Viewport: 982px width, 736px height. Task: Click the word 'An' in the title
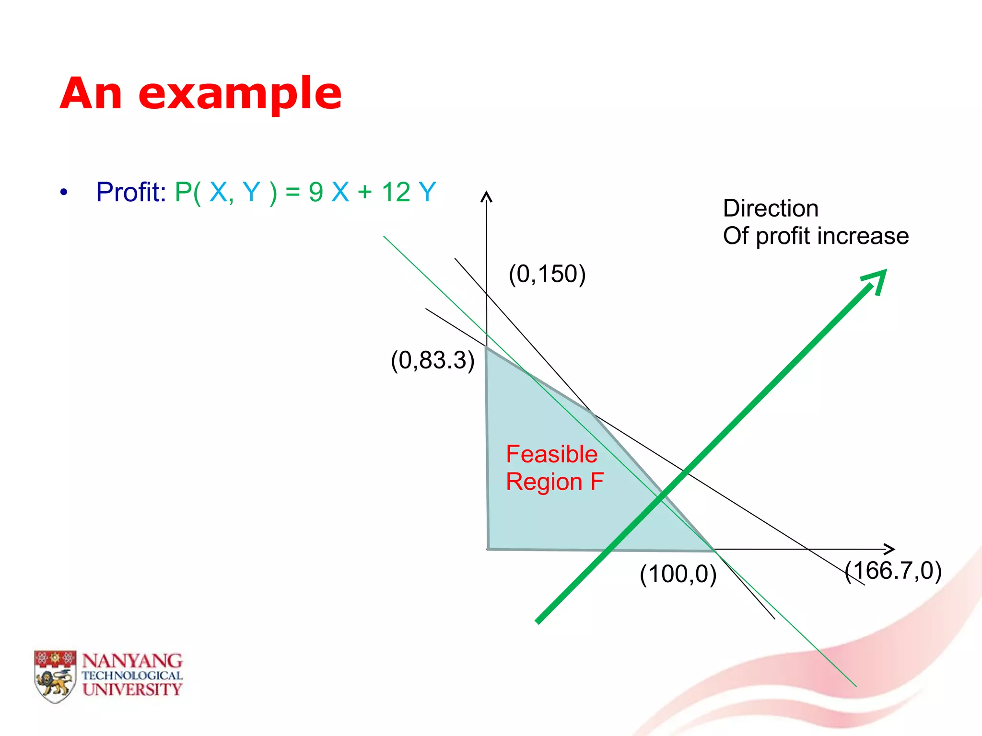pyautogui.click(x=91, y=94)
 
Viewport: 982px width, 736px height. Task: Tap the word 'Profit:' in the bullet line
pyautogui.click(x=131, y=192)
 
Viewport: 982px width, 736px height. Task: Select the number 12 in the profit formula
pyautogui.click(x=396, y=192)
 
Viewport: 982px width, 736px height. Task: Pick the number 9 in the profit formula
pyautogui.click(x=316, y=192)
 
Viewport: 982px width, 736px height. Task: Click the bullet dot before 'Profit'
pyautogui.click(x=64, y=193)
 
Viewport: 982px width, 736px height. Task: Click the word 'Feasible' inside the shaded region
pyautogui.click(x=551, y=454)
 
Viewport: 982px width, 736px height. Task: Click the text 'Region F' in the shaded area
pyautogui.click(x=554, y=482)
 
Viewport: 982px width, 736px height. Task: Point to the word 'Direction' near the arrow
pyautogui.click(x=770, y=208)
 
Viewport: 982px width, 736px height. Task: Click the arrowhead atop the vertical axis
pyautogui.click(x=486, y=196)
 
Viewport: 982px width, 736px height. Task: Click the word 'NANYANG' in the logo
pyautogui.click(x=132, y=661)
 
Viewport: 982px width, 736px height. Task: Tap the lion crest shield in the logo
pyautogui.click(x=55, y=677)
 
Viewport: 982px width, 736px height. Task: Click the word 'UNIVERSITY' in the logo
pyautogui.click(x=132, y=690)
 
